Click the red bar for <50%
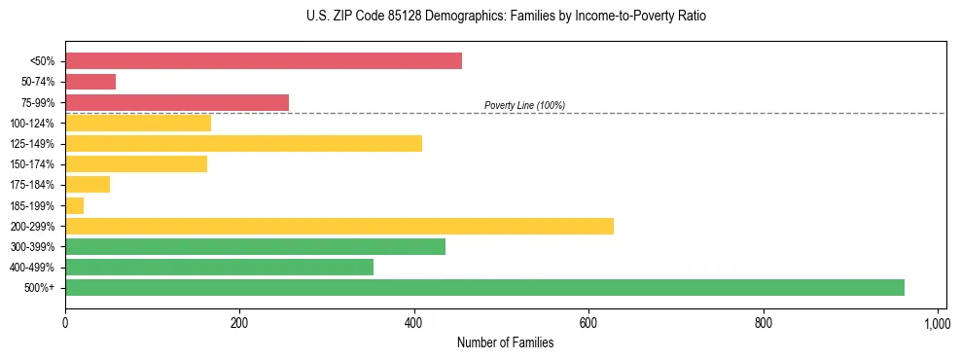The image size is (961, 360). click(x=263, y=61)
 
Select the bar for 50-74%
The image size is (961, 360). click(x=90, y=82)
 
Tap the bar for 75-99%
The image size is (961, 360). click(x=177, y=102)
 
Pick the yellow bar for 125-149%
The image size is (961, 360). click(x=243, y=143)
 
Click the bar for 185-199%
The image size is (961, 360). click(x=75, y=205)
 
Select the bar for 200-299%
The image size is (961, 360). click(x=339, y=226)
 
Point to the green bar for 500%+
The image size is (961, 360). click(x=484, y=287)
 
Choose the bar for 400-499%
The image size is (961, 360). click(x=219, y=267)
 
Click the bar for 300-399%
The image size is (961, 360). click(x=255, y=246)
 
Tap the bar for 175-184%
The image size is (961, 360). click(x=88, y=185)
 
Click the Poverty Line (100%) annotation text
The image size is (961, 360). click(x=524, y=105)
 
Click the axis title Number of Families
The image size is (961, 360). click(x=506, y=342)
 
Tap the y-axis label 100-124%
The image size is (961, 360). click(x=33, y=124)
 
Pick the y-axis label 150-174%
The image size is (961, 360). click(x=33, y=164)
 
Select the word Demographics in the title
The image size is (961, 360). click(x=450, y=17)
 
